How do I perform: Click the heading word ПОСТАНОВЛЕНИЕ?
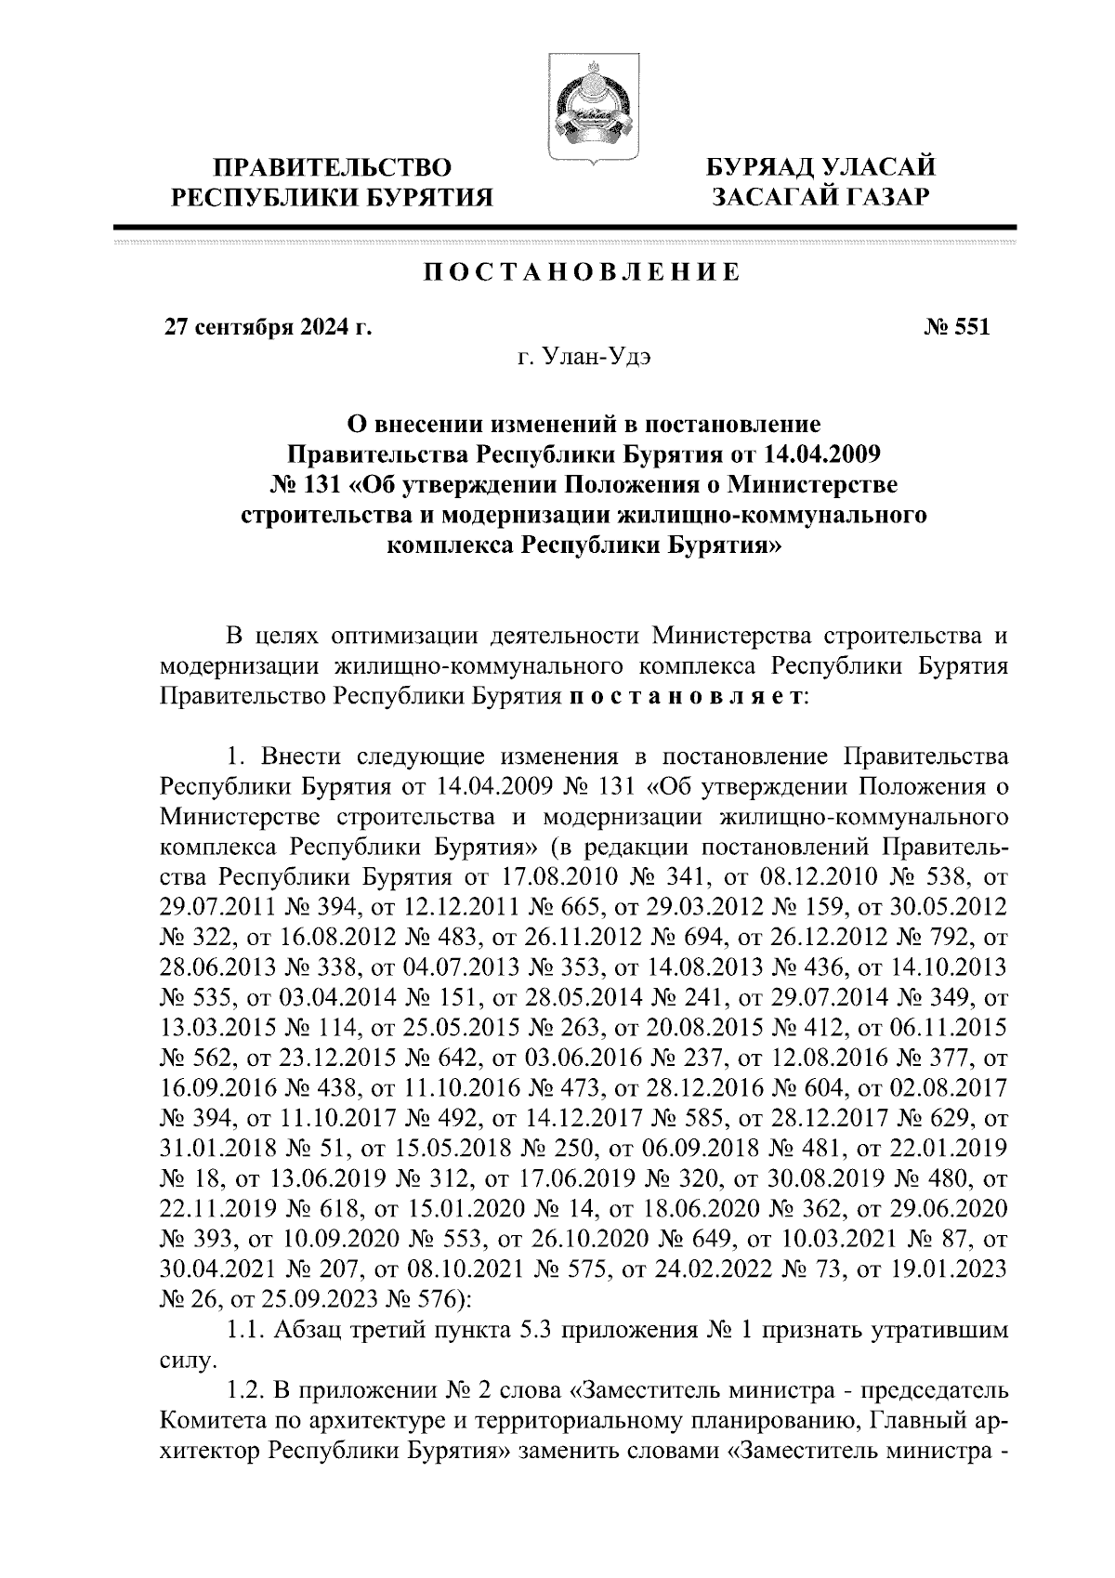(x=583, y=273)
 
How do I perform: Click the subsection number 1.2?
(x=245, y=1389)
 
